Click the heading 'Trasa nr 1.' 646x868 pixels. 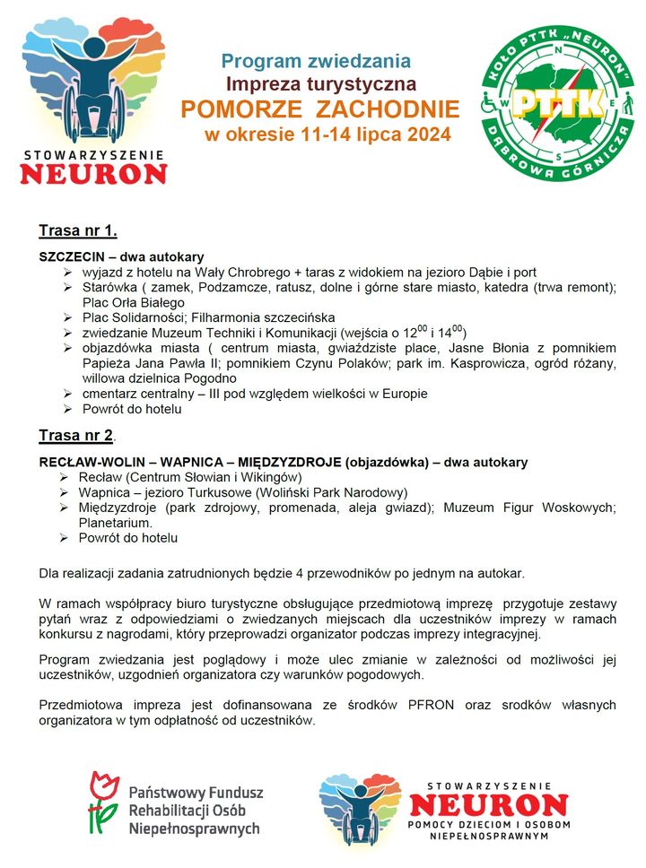[78, 231]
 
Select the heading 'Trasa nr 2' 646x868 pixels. [76, 436]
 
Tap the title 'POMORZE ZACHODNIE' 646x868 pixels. [319, 110]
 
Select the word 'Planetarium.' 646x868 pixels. [115, 522]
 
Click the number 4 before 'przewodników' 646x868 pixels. [284, 572]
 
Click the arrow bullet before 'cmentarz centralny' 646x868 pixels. [67, 394]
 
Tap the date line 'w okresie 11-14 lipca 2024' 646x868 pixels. [327, 136]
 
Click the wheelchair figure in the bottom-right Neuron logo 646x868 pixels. [358, 812]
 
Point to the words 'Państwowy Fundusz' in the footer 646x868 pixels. [196, 793]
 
